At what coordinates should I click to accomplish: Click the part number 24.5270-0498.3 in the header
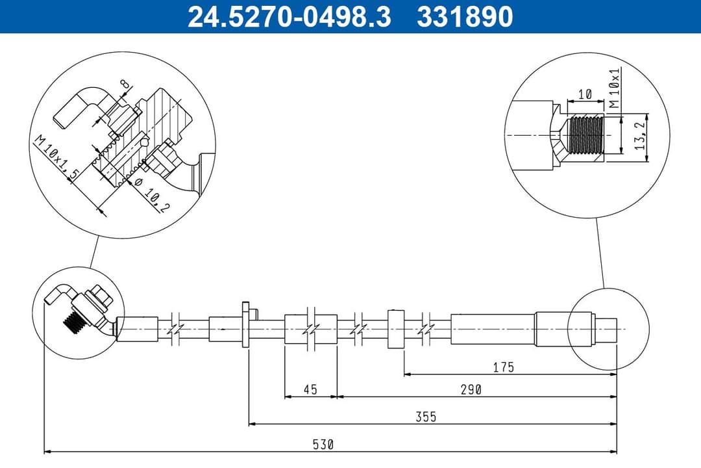[x=289, y=17]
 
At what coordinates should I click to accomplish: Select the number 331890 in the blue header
[x=465, y=17]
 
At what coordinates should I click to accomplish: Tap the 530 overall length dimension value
[x=323, y=445]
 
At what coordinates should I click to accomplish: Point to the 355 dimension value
[x=426, y=417]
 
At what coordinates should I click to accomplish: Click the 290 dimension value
[x=471, y=389]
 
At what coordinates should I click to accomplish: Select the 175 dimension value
[x=503, y=367]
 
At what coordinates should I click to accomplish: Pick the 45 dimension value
[x=310, y=389]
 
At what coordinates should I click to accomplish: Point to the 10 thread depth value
[x=585, y=94]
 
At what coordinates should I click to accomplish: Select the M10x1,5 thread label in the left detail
[x=56, y=159]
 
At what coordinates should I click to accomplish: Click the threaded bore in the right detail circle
[x=585, y=135]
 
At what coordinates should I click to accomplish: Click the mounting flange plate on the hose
[x=245, y=324]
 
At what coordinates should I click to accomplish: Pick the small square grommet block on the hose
[x=396, y=329]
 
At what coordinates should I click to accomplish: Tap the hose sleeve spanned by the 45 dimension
[x=311, y=329]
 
